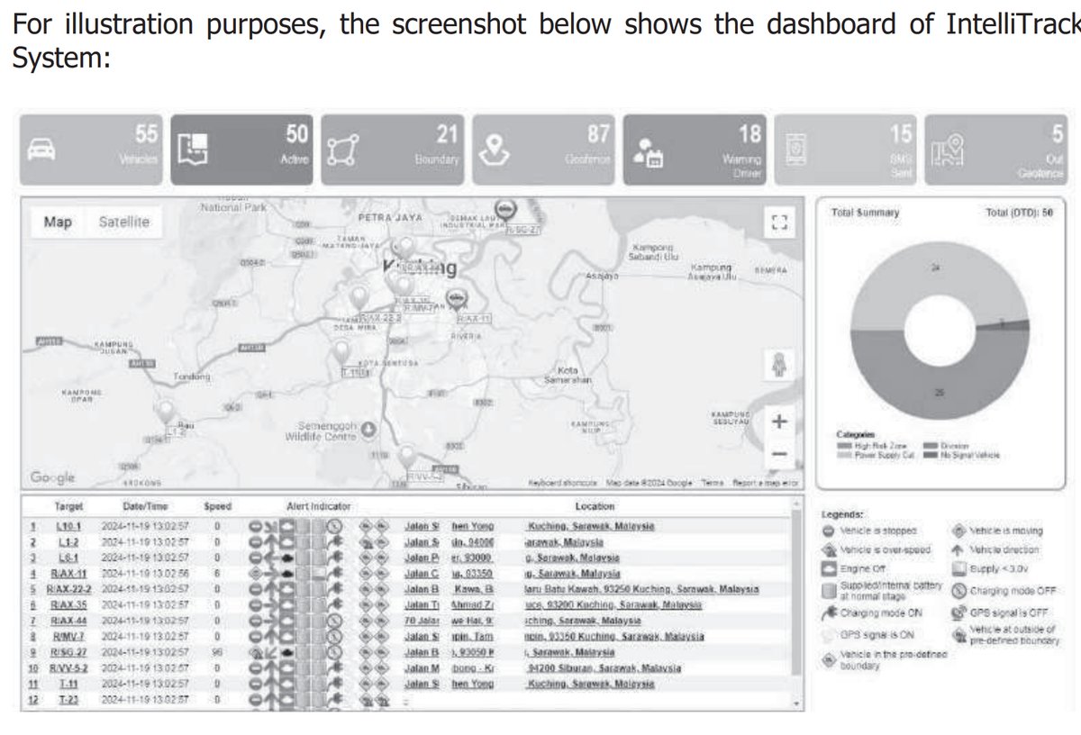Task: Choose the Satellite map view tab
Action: tap(124, 222)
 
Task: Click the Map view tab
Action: tap(58, 222)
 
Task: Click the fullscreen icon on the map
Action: tap(780, 222)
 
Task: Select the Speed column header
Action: tap(218, 507)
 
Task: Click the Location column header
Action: tap(595, 507)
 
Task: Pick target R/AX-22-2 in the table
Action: tap(68, 589)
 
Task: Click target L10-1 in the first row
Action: tap(68, 526)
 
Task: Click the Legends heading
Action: tap(843, 513)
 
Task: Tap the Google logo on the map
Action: tap(53, 477)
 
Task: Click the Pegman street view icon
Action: tap(780, 366)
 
